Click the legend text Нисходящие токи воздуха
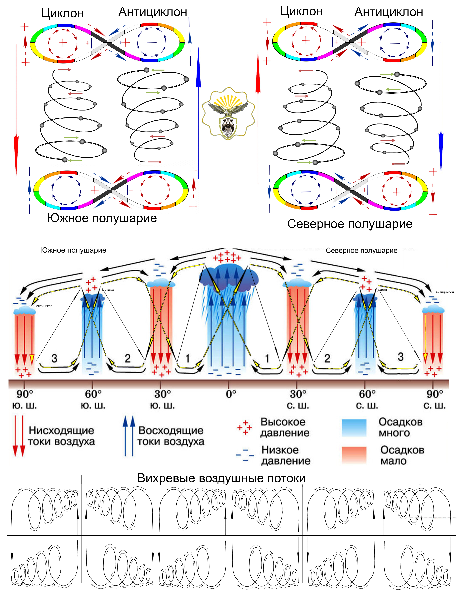click(61, 436)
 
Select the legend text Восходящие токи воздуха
click(171, 436)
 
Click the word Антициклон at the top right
click(388, 12)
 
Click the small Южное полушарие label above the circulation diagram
click(73, 250)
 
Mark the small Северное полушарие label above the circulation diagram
click(361, 250)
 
